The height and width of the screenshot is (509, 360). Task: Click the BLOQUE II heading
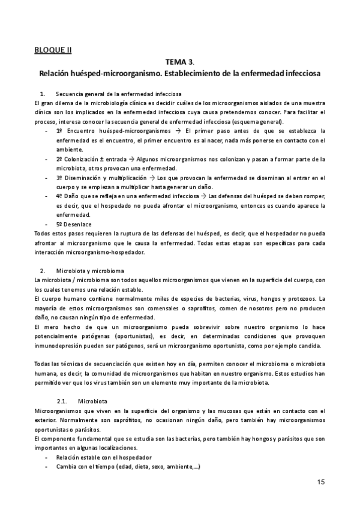click(x=53, y=50)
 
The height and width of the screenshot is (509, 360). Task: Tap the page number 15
click(x=320, y=482)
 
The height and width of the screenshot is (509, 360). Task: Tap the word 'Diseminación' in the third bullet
click(x=87, y=178)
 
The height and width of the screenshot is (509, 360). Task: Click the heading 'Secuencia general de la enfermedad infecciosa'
click(x=118, y=94)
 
